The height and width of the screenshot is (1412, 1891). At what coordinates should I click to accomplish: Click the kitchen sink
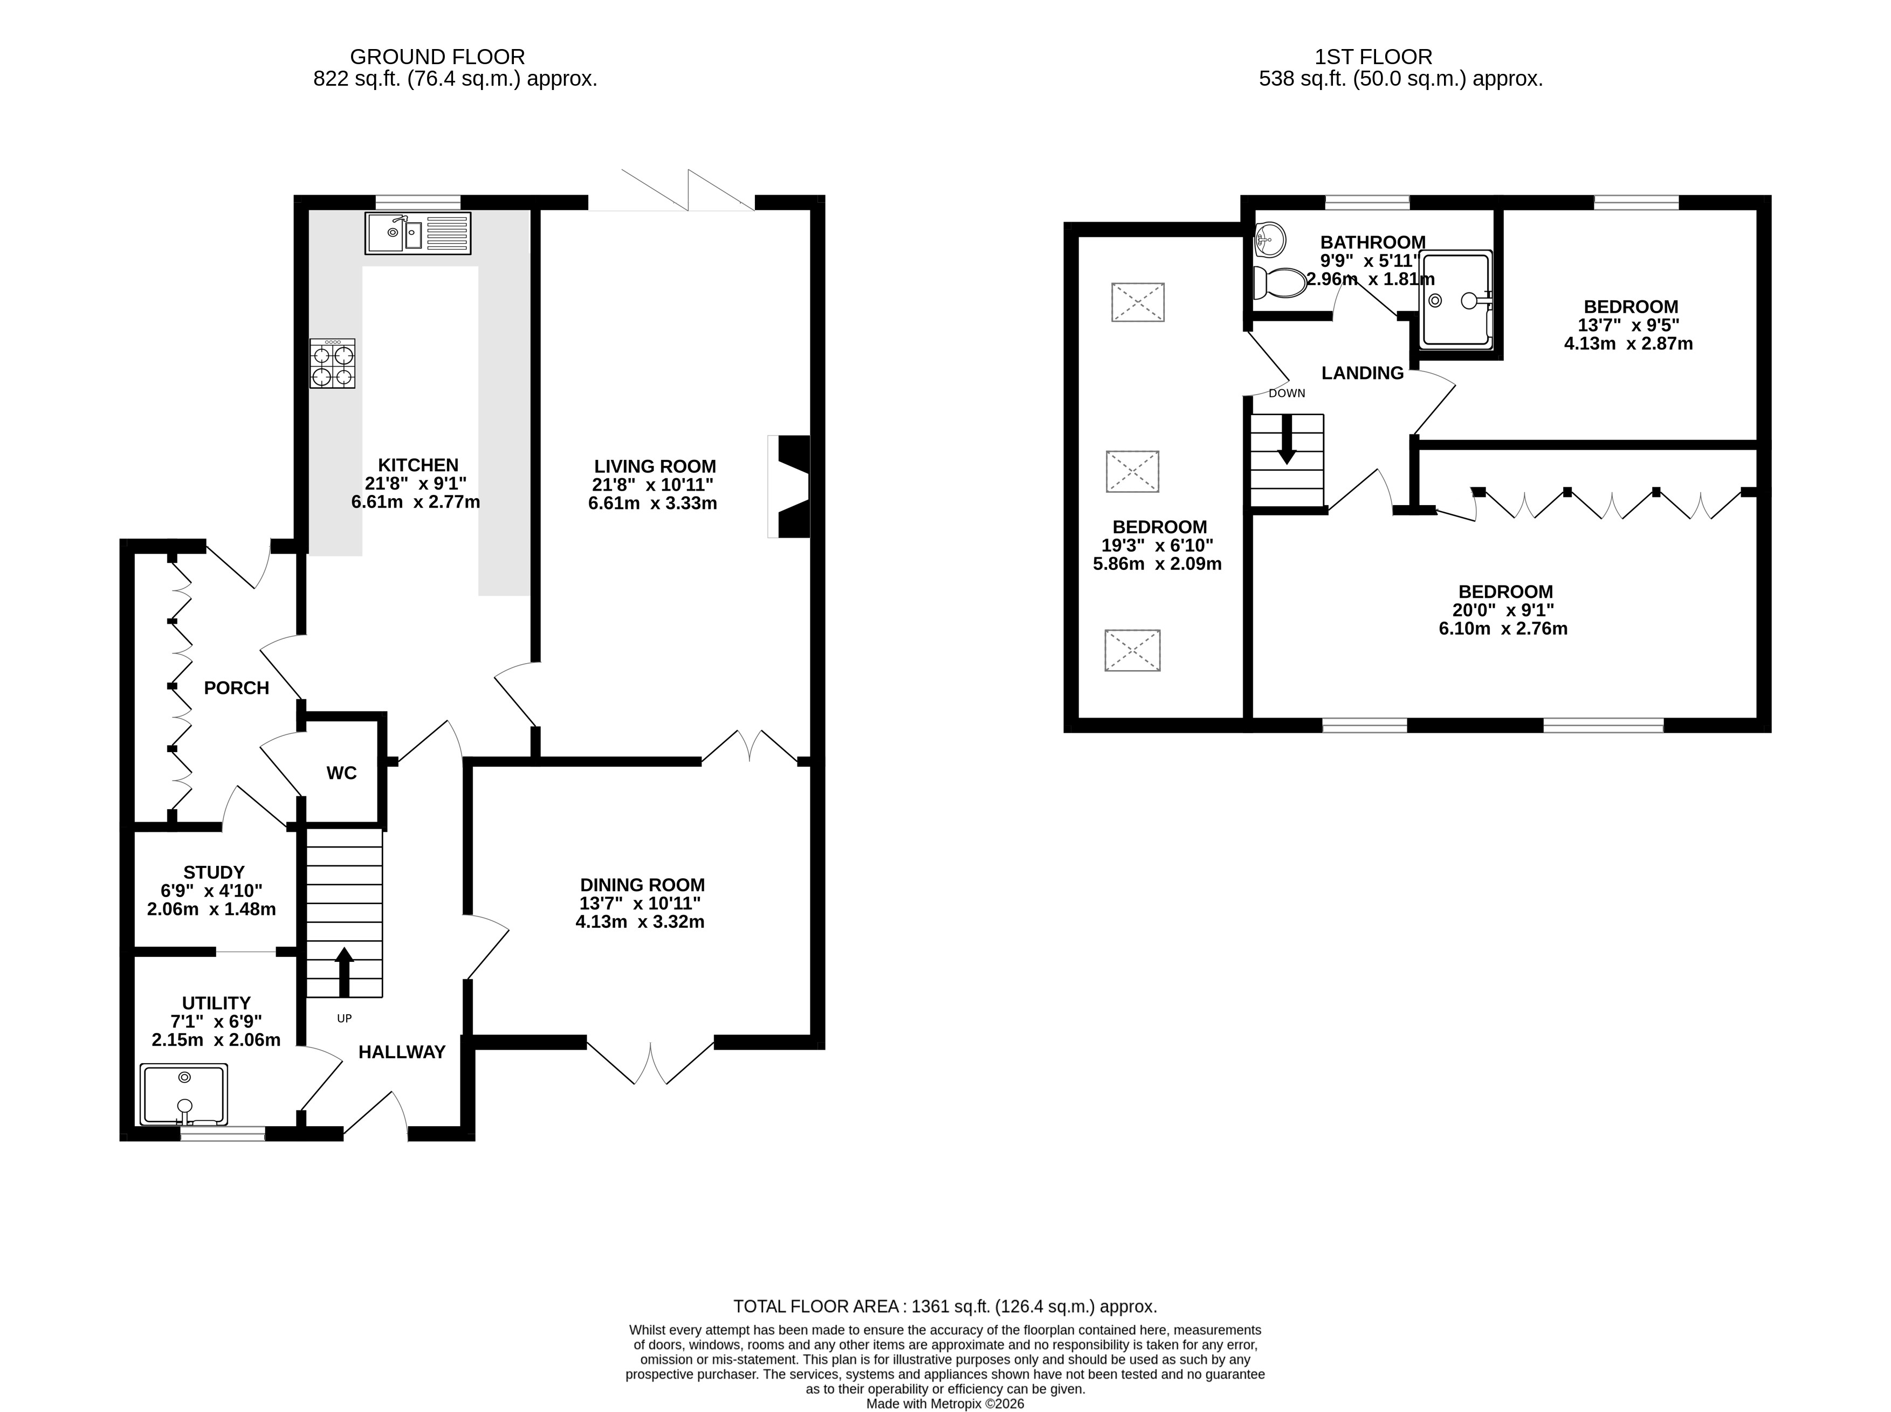(418, 233)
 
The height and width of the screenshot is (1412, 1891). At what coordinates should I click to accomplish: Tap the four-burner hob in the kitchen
(333, 364)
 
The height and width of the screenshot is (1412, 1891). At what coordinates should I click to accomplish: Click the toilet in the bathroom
(1280, 281)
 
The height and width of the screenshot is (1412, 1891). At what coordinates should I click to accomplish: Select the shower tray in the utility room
(184, 1095)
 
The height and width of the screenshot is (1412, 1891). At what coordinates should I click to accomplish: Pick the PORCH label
(237, 688)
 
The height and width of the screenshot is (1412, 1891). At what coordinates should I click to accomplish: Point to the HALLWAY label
(402, 1052)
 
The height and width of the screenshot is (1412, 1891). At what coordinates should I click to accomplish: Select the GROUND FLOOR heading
(438, 57)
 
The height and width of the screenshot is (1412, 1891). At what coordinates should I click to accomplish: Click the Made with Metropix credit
(946, 1403)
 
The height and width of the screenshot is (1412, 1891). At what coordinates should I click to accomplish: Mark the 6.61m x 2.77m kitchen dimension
(416, 502)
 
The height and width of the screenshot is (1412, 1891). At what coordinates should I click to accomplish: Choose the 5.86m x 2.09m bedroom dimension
(1158, 564)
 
